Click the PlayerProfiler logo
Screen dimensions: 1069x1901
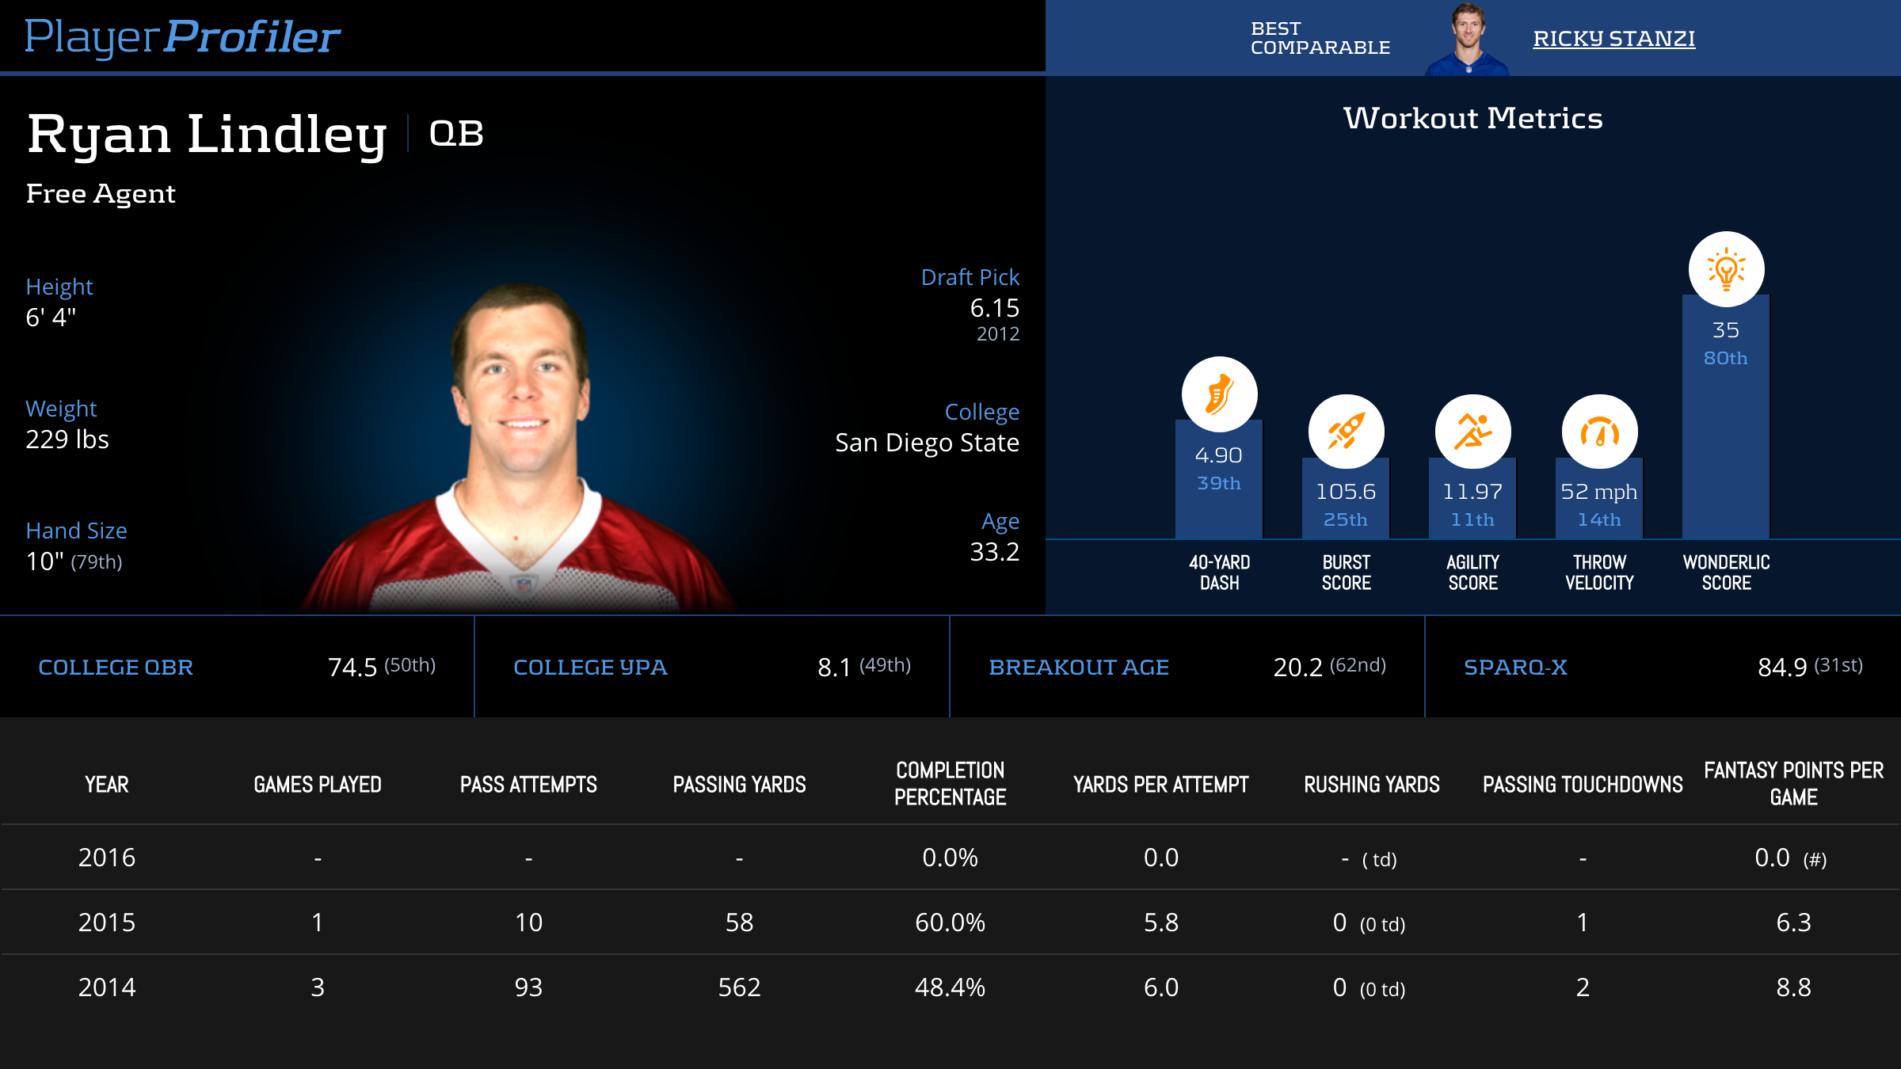point(182,36)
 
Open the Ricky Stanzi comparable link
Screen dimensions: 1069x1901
point(1613,38)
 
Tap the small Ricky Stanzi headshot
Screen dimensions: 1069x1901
point(1468,38)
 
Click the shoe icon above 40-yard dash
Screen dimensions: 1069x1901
point(1219,394)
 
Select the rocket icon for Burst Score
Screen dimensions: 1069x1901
point(1346,432)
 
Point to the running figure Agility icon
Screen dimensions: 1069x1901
point(1472,432)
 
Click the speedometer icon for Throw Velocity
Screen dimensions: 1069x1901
point(1599,432)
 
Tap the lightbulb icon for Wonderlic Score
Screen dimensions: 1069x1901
point(1726,269)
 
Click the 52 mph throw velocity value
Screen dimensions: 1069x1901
point(1598,492)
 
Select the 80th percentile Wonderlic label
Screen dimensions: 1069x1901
point(1725,358)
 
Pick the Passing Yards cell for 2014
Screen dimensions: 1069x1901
point(739,987)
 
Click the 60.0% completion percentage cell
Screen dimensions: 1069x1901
point(950,923)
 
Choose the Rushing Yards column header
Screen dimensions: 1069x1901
point(1372,785)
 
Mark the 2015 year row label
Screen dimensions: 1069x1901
point(107,923)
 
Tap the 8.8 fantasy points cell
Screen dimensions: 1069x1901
point(1793,987)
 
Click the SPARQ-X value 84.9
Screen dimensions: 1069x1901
point(1782,668)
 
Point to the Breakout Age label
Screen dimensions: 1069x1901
point(1079,668)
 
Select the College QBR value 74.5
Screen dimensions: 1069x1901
point(352,668)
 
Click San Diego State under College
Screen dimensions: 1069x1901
point(927,443)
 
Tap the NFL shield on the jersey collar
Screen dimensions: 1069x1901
point(523,584)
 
